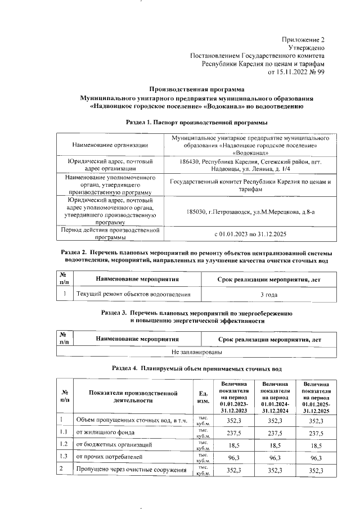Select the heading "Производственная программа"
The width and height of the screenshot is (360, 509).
point(196,89)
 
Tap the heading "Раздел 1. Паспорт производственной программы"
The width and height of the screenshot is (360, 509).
point(196,122)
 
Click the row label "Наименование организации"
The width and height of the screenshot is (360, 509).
point(110,146)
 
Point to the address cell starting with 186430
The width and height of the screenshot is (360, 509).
point(251,164)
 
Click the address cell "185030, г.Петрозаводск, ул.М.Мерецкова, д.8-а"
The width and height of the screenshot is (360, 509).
point(251,211)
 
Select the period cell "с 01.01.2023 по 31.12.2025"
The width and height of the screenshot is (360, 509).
point(251,233)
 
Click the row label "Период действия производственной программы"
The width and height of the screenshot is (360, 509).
point(110,233)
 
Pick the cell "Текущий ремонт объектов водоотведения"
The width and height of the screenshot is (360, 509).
point(133,294)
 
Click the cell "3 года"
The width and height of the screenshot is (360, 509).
point(269,294)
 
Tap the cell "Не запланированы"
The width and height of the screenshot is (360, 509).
point(196,352)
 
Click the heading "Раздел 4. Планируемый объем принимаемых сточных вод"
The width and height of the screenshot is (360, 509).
point(196,369)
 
